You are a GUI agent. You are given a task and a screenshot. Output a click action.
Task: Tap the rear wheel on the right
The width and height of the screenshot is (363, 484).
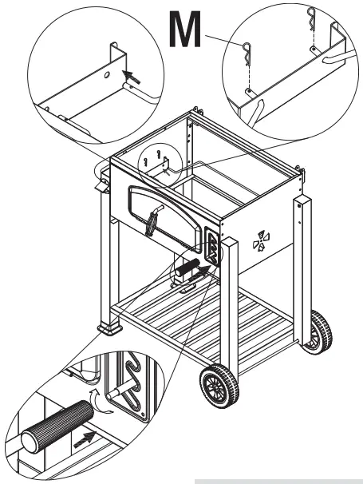[x=318, y=331]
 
